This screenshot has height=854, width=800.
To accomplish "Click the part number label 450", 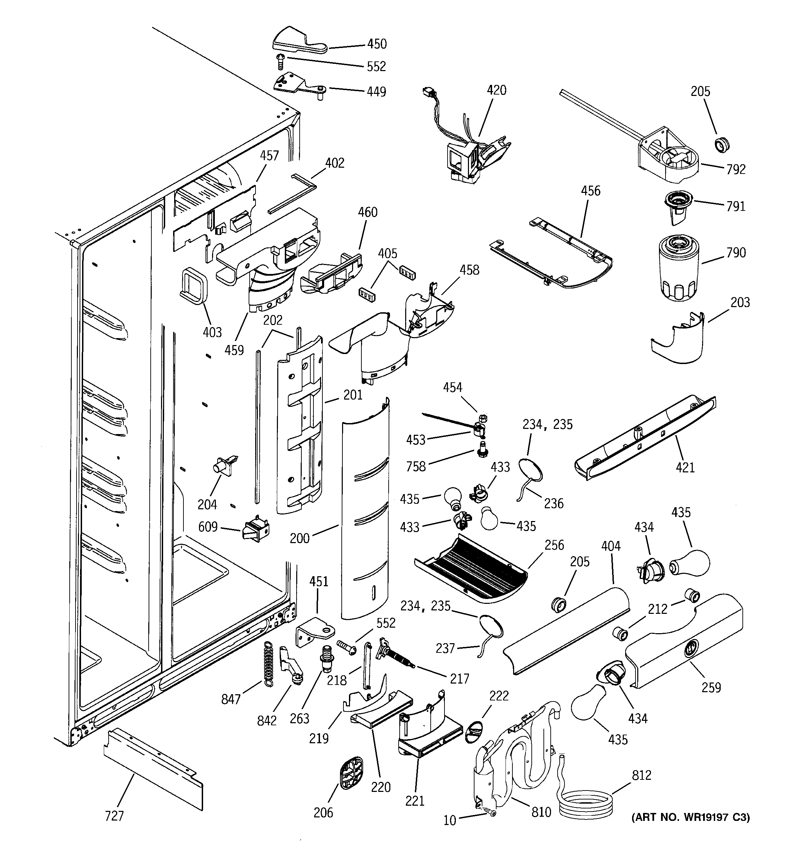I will coord(377,44).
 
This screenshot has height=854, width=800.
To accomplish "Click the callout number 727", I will coord(114,816).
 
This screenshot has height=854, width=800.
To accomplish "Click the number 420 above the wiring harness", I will coord(497,90).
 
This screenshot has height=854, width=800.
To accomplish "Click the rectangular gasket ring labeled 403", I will coord(194,285).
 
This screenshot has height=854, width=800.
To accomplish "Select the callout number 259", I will coord(711,687).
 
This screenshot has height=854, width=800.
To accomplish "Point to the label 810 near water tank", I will coord(541,812).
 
